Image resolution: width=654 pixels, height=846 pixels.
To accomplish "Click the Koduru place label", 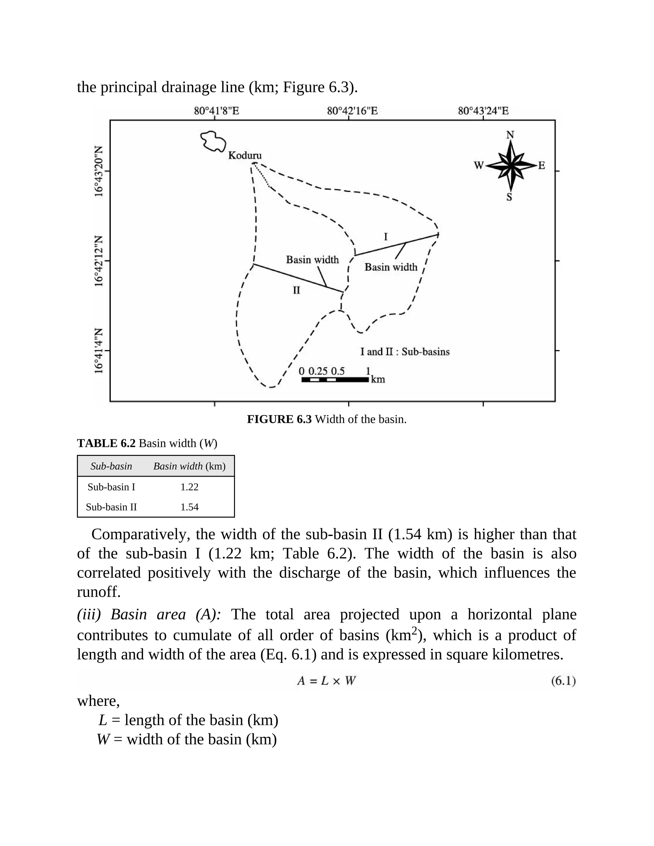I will [245, 155].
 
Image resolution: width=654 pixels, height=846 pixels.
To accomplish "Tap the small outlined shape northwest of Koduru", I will [213, 141].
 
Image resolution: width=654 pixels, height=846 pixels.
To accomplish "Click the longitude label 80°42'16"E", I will [352, 111].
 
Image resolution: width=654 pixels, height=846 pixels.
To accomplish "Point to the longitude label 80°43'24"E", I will [483, 111].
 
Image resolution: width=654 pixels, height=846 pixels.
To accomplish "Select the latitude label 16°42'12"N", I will [99, 261].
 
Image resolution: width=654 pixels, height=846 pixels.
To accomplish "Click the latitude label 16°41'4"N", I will [99, 351].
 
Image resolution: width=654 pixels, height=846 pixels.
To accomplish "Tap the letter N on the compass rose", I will [510, 135].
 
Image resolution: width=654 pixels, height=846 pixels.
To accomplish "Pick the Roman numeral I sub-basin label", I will [385, 237].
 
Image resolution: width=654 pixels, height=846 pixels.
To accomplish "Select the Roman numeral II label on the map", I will [296, 290].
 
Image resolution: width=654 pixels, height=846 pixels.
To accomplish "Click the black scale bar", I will [335, 380].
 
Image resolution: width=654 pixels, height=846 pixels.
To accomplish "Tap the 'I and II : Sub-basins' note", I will [405, 352].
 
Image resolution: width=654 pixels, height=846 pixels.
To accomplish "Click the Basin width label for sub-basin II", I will [312, 260].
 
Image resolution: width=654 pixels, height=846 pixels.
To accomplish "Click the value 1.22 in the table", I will [189, 487].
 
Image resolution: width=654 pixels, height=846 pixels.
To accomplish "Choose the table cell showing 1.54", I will [189, 507].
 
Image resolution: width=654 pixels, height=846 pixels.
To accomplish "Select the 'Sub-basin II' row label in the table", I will [111, 507].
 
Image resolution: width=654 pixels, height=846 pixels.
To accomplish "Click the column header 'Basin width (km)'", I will [189, 466].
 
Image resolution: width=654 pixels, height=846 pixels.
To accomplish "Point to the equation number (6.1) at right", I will [563, 681].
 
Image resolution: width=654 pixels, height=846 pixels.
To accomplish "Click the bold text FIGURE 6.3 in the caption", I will [279, 419].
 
